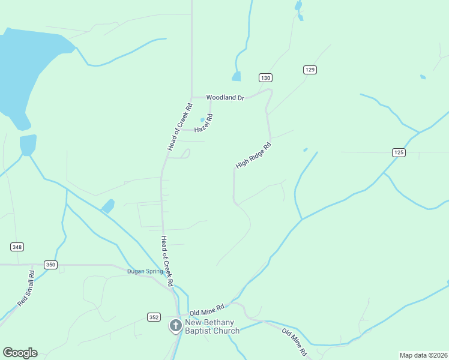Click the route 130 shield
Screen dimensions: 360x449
[x=266, y=78]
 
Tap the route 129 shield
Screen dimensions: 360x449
[x=310, y=70]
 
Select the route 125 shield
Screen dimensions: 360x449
[x=399, y=152]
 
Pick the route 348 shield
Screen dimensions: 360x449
[x=17, y=247]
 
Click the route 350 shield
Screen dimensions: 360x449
[x=50, y=265]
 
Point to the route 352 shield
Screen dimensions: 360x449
[x=154, y=316]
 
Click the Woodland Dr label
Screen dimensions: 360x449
[x=226, y=97]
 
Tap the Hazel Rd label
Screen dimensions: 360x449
[x=203, y=124]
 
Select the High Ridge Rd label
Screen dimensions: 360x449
[x=253, y=155]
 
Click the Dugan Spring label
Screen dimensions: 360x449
[x=145, y=271]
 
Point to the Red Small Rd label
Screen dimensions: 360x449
[x=26, y=289]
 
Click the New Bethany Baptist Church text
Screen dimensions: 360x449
[x=212, y=327]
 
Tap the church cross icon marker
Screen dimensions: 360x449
[x=175, y=326]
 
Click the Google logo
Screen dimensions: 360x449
[x=20, y=353]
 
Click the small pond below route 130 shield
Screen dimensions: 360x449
[x=236, y=77]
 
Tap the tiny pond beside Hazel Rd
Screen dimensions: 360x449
[x=202, y=119]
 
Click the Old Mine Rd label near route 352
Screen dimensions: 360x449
[x=206, y=310]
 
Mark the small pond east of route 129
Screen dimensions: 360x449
[x=423, y=77]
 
